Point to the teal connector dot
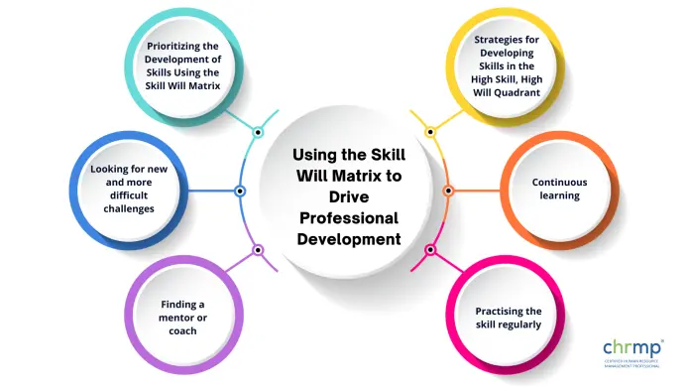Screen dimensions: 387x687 click(x=258, y=131)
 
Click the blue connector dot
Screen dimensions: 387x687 click(x=240, y=190)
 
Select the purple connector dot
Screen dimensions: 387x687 click(x=258, y=249)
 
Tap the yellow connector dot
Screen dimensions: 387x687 click(x=430, y=131)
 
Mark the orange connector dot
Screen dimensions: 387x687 click(x=448, y=190)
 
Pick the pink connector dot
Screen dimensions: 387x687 click(x=430, y=249)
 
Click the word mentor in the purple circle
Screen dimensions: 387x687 click(x=170, y=317)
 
